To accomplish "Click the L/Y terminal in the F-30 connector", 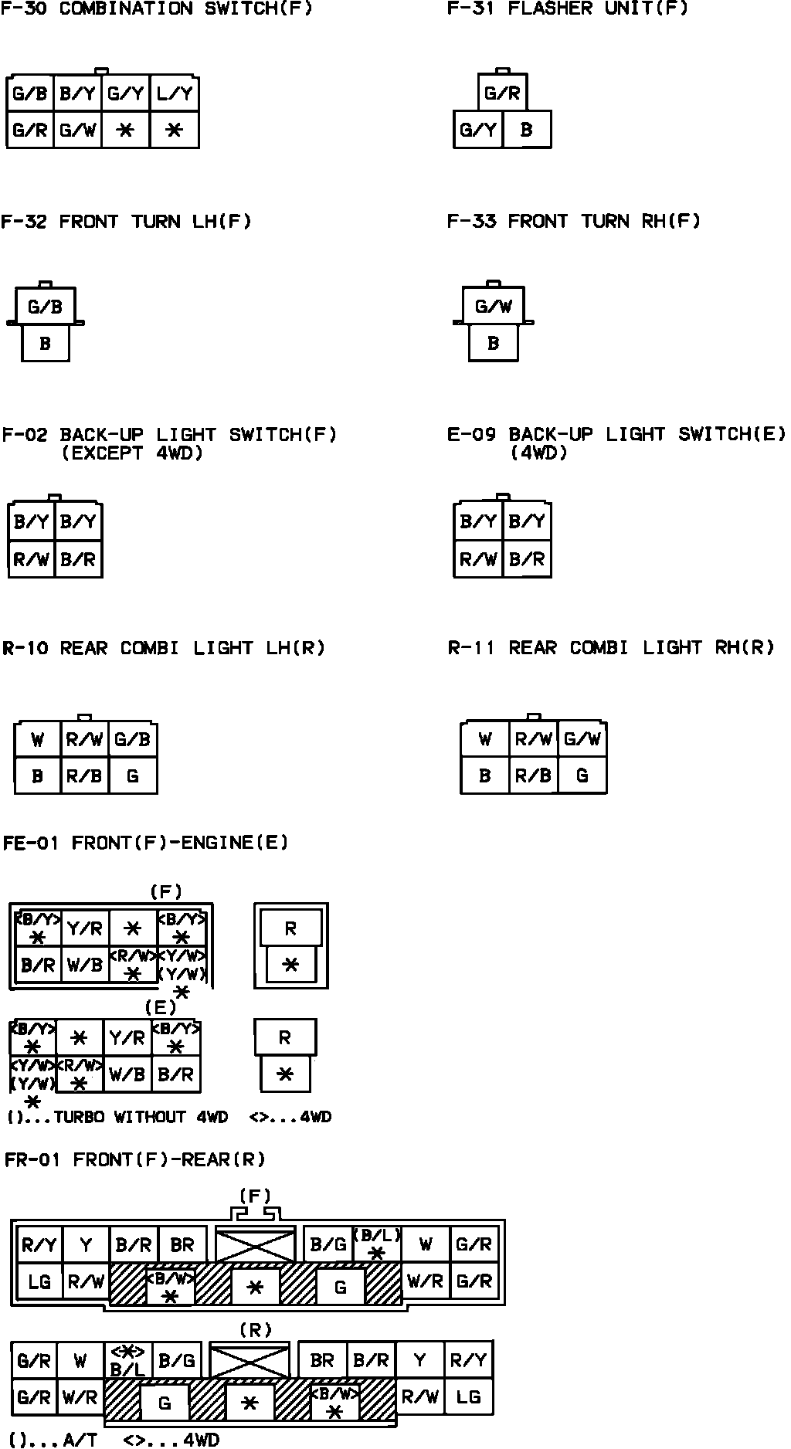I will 175,94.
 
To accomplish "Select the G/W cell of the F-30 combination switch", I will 78,131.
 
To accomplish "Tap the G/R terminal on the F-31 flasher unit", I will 502,94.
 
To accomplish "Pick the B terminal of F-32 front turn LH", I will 45,344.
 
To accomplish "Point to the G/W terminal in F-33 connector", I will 494,307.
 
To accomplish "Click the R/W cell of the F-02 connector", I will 31,559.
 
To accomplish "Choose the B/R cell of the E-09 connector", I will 527,559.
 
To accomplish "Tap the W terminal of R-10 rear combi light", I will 37,740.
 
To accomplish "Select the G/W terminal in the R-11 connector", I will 582,740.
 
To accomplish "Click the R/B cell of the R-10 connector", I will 84,775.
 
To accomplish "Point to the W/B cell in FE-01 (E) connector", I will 127,1074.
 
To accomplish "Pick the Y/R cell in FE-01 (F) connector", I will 85,928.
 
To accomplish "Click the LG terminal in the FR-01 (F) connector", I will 39,1281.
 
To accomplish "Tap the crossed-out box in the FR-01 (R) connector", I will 250,1361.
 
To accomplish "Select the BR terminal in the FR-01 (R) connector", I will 321,1360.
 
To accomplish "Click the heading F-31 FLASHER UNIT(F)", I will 567,9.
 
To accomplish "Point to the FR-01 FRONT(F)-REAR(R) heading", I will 134,1159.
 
